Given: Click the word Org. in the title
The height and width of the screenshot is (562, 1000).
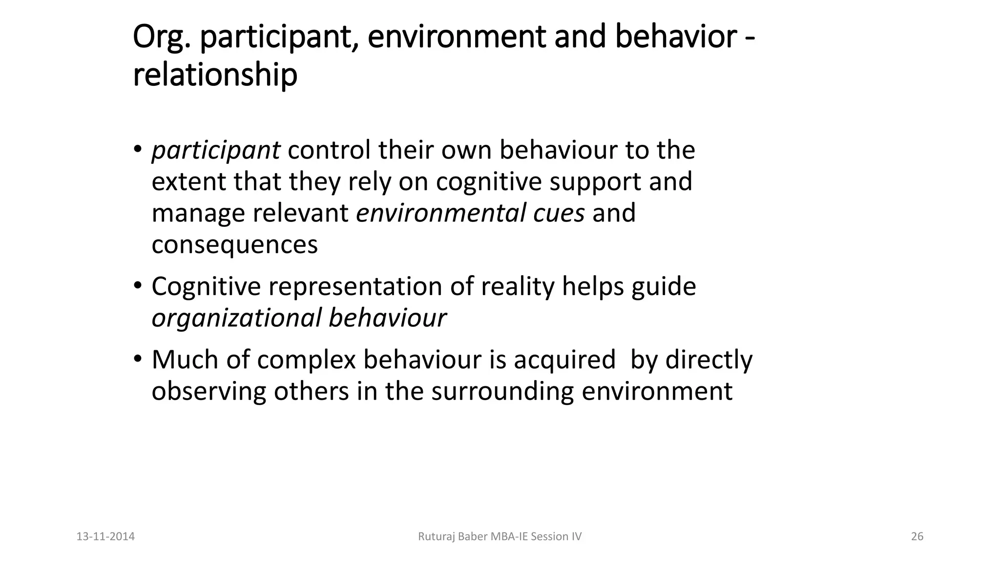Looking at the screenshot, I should pos(161,38).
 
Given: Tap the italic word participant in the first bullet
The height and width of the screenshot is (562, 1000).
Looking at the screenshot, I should pos(216,150).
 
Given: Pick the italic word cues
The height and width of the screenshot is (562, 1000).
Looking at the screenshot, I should pos(559,213).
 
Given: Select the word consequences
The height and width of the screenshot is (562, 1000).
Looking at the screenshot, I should pos(234,245).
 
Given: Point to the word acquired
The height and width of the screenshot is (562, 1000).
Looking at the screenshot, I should pos(564,361).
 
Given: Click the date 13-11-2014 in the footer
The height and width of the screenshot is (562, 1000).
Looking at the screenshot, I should pos(105,537).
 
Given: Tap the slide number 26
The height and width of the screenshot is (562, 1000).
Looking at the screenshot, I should pos(917,537).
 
